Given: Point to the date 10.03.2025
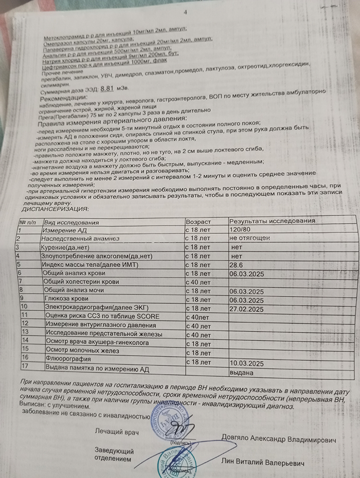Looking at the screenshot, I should tap(246, 363).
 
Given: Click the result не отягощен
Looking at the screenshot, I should tap(249, 238).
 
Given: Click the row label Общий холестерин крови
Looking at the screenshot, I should tap(82, 282).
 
